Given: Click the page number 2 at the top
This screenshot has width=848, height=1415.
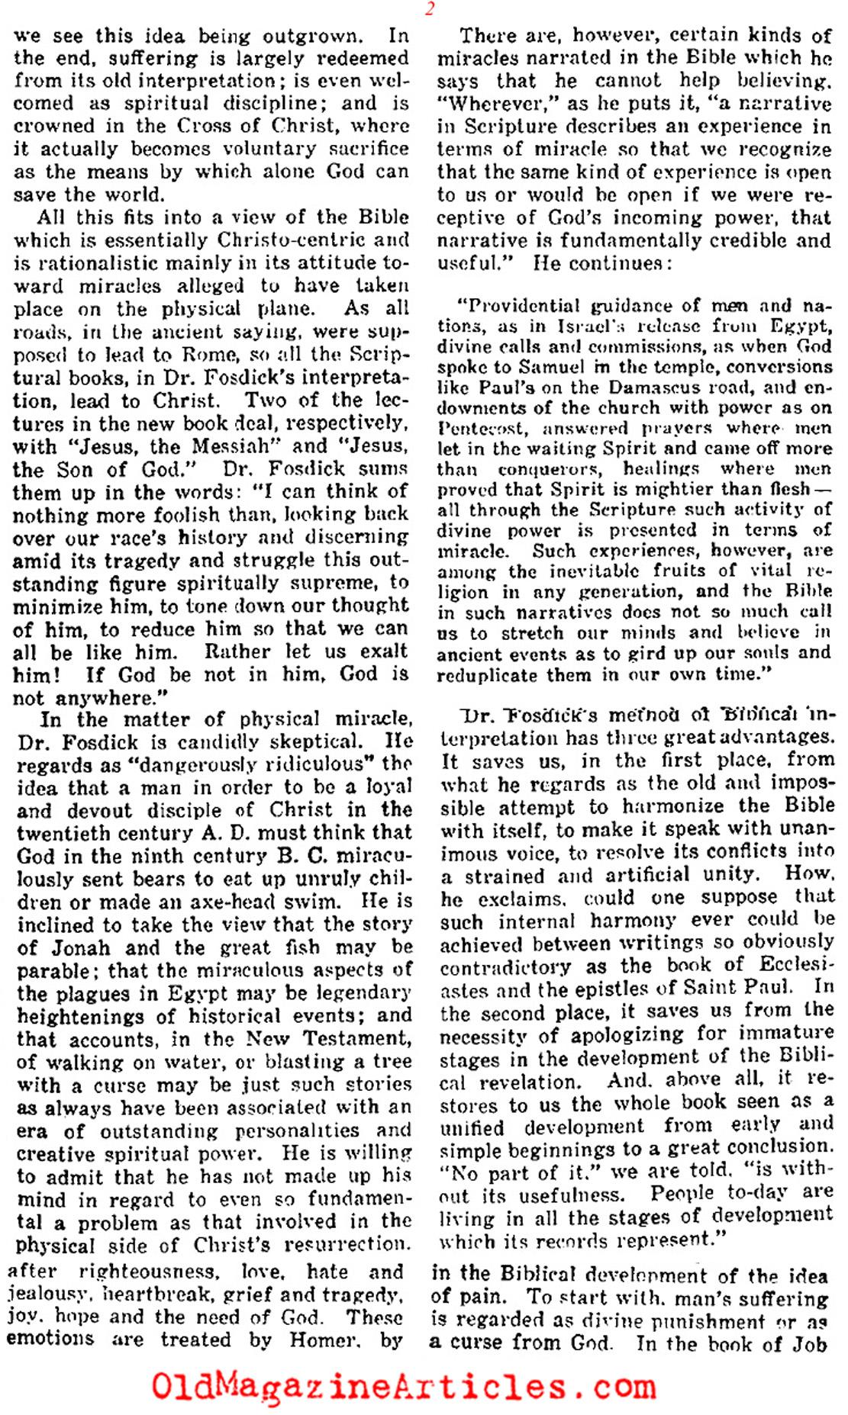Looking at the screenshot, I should [430, 9].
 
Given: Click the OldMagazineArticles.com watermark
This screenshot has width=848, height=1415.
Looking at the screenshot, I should [405, 1386].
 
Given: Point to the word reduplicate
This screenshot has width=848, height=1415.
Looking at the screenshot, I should [485, 675].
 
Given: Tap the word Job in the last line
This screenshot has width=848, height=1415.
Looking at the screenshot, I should [809, 1343].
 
